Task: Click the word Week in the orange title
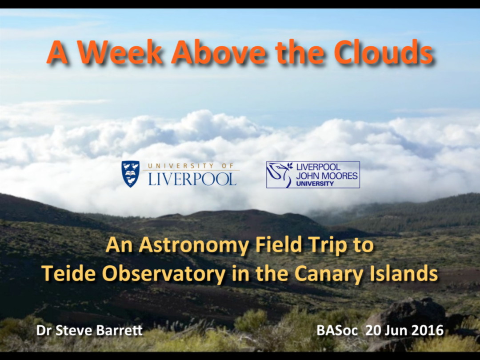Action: point(120,52)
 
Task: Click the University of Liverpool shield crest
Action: point(130,174)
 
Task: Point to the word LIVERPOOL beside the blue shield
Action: point(192,179)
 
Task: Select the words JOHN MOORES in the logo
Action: point(327,176)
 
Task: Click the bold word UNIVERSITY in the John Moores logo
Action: point(315,184)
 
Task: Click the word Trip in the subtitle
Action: point(328,246)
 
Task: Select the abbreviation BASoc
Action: point(337,330)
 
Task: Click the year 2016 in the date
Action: point(427,330)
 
